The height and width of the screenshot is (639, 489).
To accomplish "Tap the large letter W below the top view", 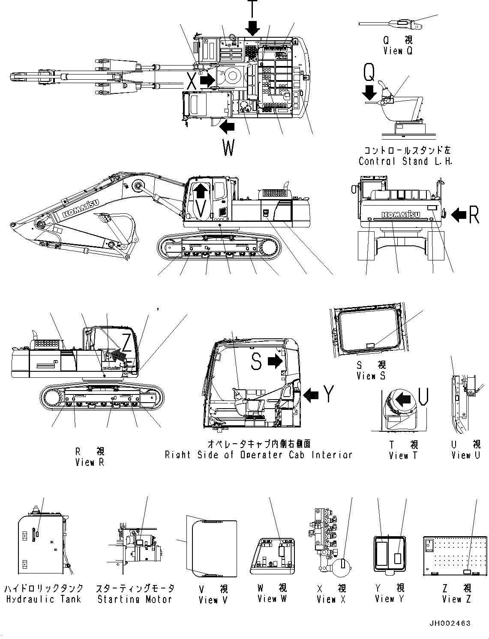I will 228,148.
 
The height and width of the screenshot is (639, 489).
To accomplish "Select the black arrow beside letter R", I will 459,214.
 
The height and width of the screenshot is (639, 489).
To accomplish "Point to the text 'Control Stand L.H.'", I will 405,161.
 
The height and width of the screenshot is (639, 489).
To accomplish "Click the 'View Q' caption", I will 398,51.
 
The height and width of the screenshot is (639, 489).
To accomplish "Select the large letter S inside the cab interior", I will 256,362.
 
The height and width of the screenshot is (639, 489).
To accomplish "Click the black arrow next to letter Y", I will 311,394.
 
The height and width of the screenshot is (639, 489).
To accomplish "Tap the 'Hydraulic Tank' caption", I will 43,599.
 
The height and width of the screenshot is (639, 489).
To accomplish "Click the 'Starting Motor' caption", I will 135,599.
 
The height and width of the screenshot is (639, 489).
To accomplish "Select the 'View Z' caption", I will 456,599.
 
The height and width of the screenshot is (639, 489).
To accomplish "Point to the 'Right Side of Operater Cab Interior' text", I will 258,455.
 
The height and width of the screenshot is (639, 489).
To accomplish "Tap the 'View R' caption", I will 90,463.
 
